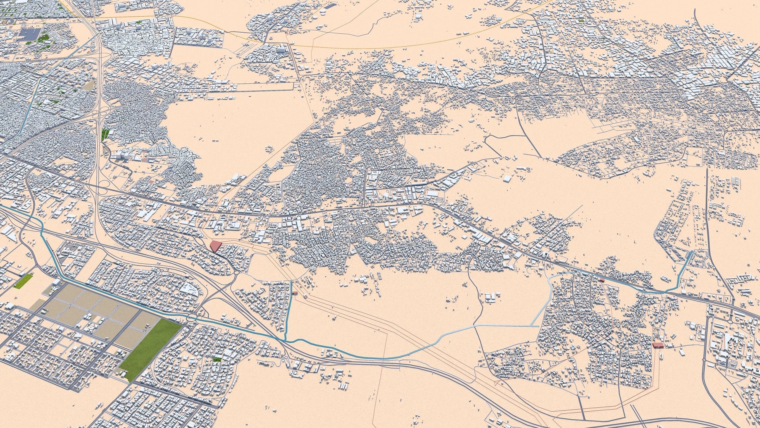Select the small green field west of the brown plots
pos(23,281)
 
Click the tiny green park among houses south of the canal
pos(217,359)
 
